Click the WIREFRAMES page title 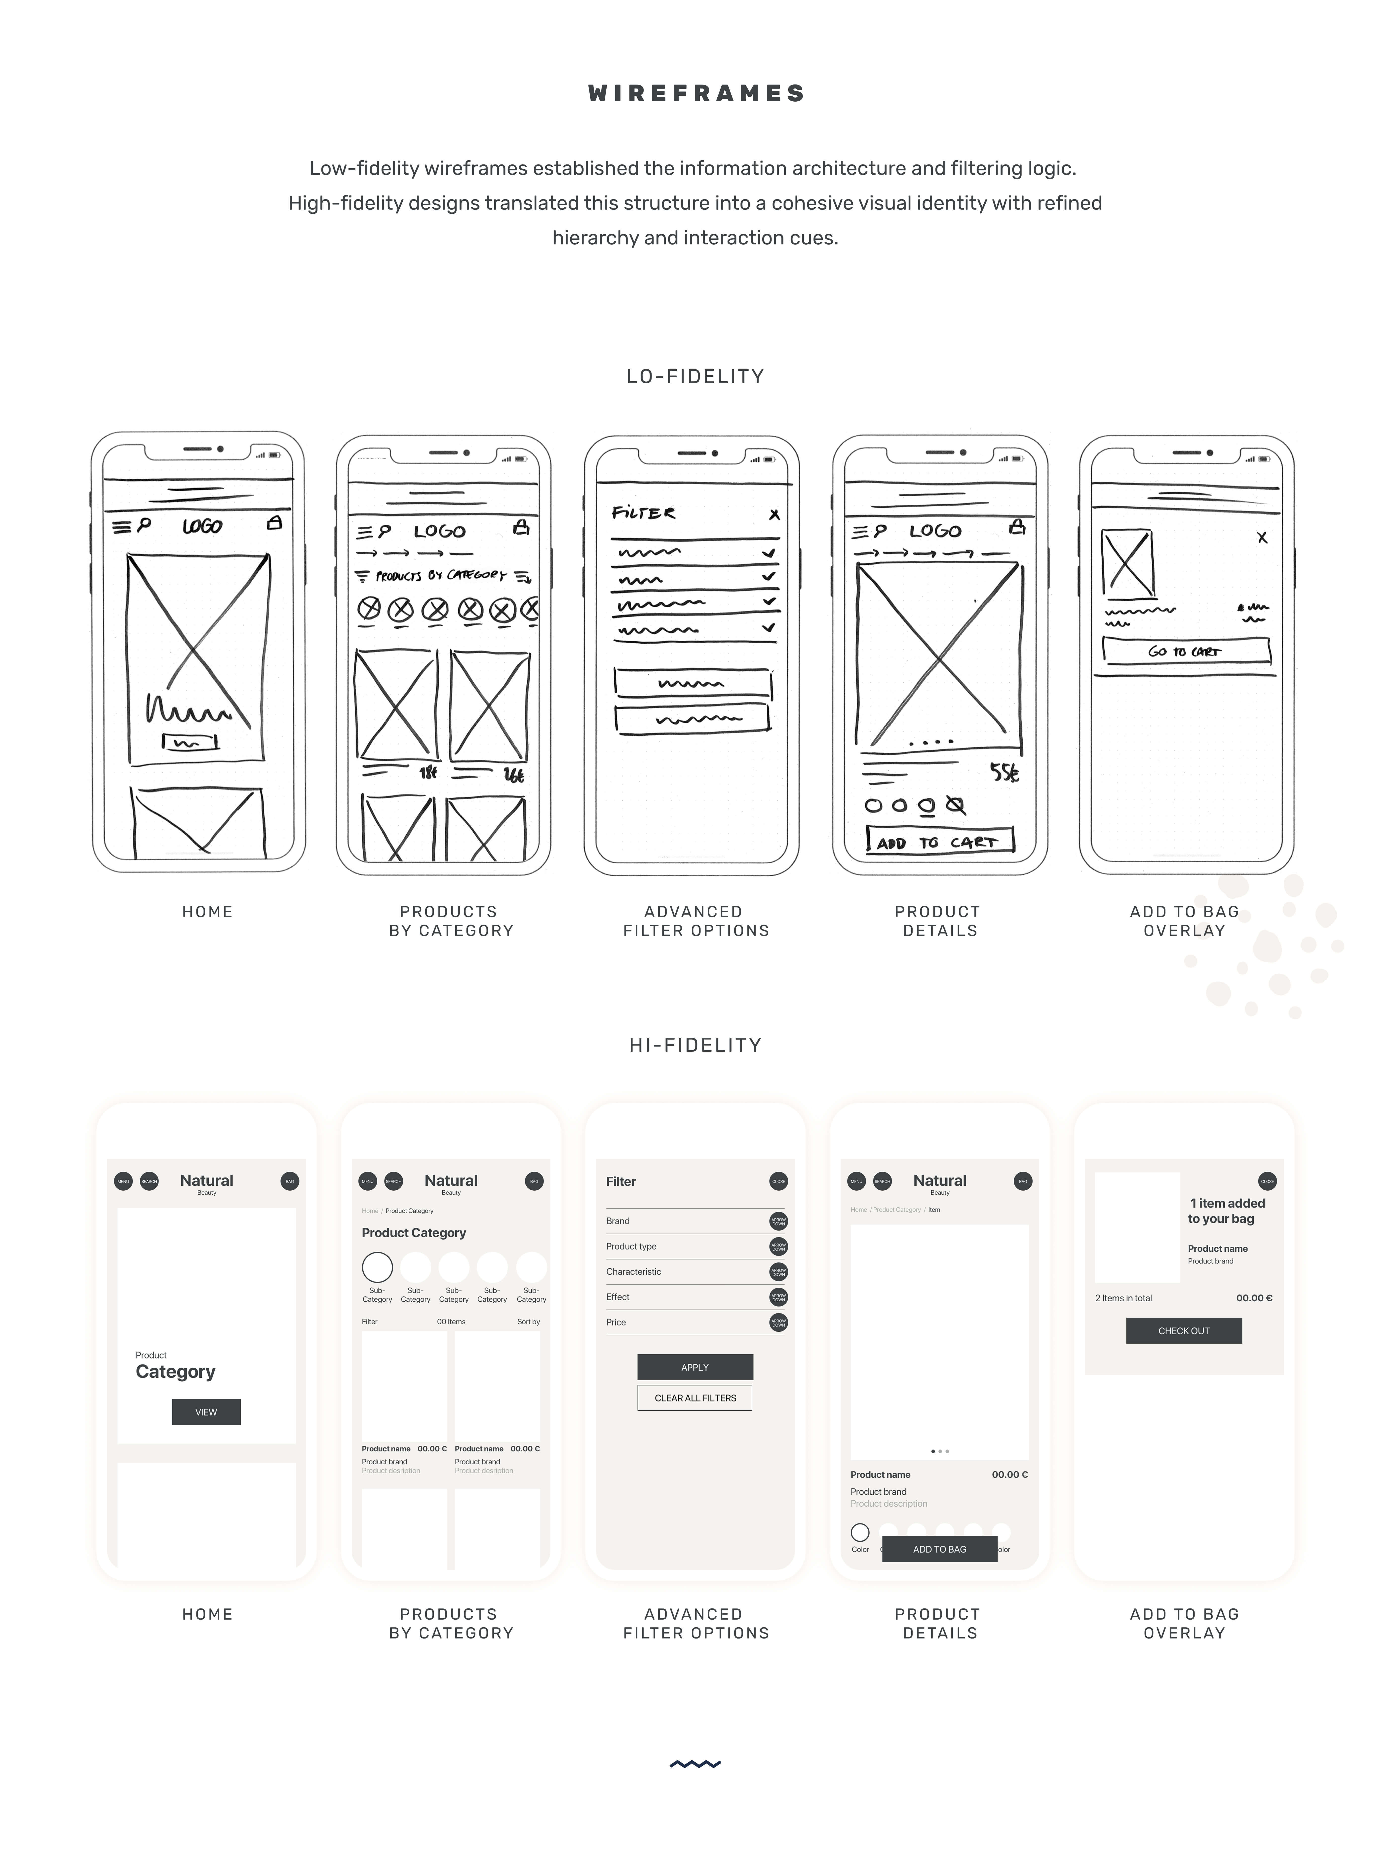click(x=695, y=93)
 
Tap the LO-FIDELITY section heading click(x=695, y=376)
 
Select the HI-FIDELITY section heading click(x=695, y=1045)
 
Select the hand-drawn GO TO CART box click(x=1186, y=651)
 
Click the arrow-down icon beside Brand click(x=779, y=1221)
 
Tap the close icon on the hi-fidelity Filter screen click(x=779, y=1181)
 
